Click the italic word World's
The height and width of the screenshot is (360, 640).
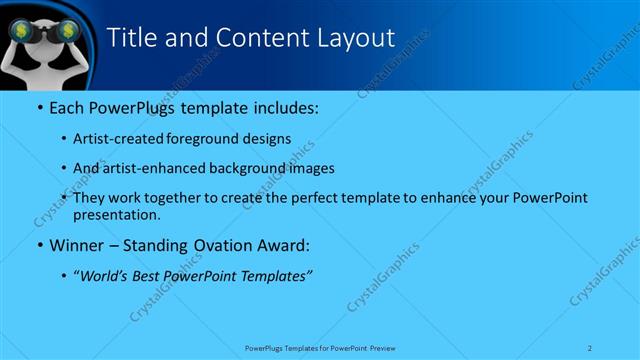click(x=101, y=275)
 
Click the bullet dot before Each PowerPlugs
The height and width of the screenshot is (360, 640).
click(x=39, y=106)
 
